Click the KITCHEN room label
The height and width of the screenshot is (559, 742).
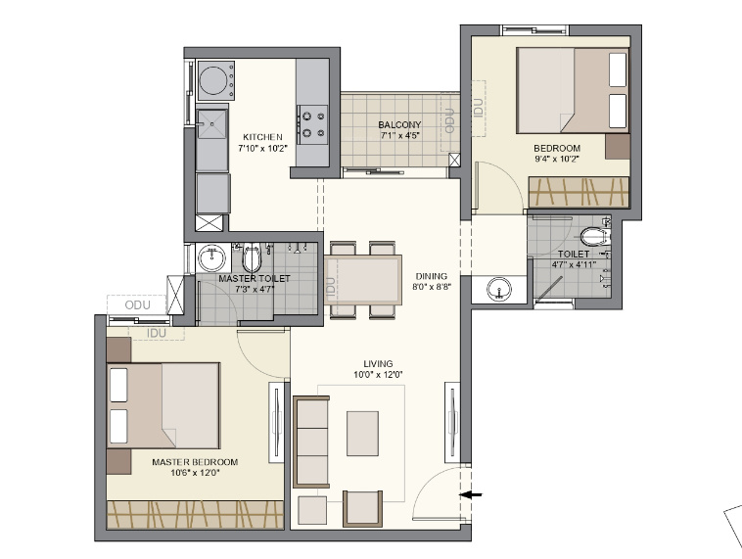tap(263, 137)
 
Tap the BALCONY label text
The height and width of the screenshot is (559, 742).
tap(399, 124)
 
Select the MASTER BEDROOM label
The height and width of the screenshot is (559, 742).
tap(195, 461)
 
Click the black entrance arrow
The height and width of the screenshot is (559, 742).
tap(471, 495)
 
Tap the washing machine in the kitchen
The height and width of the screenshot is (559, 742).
tap(215, 79)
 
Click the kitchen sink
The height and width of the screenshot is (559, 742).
tap(211, 125)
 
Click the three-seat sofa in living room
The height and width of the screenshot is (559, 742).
tap(311, 442)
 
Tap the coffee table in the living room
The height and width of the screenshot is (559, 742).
tap(362, 432)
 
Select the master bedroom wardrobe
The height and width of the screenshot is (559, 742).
tap(194, 513)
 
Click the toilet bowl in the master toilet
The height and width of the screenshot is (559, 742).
tap(252, 259)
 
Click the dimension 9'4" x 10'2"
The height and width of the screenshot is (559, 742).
tap(556, 159)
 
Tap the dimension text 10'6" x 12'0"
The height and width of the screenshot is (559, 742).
tap(195, 473)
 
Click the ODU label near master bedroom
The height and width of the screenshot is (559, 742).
tap(137, 304)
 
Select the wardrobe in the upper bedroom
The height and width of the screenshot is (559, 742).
tap(578, 192)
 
